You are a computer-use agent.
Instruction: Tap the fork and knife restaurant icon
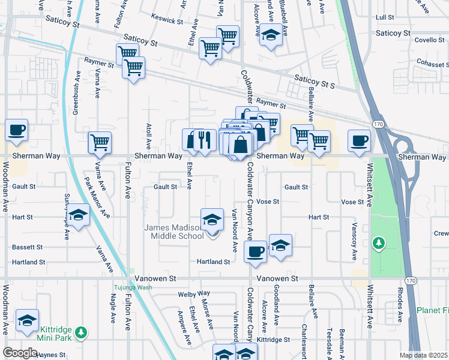click(x=205, y=140)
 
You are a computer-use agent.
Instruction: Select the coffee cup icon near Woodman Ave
click(x=17, y=130)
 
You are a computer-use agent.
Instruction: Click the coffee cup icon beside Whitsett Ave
click(x=359, y=141)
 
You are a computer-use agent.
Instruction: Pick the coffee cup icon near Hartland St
click(x=256, y=252)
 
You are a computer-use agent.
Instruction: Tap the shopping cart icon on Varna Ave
click(x=100, y=143)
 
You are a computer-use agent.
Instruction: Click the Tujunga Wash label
click(x=133, y=287)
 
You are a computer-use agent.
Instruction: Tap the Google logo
click(x=20, y=353)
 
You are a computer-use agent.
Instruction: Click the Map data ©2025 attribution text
click(x=423, y=355)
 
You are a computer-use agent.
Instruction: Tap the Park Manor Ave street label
click(x=97, y=197)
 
